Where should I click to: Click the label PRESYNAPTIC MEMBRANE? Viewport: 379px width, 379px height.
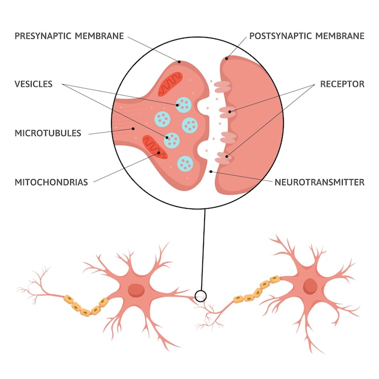coord(69,36)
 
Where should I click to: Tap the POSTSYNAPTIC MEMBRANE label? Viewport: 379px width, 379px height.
coord(307,36)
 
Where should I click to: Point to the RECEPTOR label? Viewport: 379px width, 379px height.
coord(343,85)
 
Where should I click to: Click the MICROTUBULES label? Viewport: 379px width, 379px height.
coord(48,133)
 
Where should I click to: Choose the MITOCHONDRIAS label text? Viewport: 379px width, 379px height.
coord(51,182)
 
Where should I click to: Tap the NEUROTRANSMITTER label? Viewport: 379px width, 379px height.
coord(320,182)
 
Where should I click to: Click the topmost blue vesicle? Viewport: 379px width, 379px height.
coord(182,104)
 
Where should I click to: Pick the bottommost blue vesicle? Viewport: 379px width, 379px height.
coord(186,162)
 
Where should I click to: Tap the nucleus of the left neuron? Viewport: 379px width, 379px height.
coord(137,289)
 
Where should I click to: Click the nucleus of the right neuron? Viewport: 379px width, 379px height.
coord(311,286)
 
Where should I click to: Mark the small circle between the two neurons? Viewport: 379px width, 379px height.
coord(200,296)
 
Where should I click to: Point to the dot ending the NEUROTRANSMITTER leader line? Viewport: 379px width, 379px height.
coord(211,171)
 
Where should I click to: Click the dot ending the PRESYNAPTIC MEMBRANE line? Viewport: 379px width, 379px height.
coord(179,61)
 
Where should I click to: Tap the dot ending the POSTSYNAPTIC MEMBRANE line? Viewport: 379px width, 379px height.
coord(226,59)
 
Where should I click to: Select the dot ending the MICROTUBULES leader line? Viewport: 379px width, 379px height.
coord(133,128)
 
